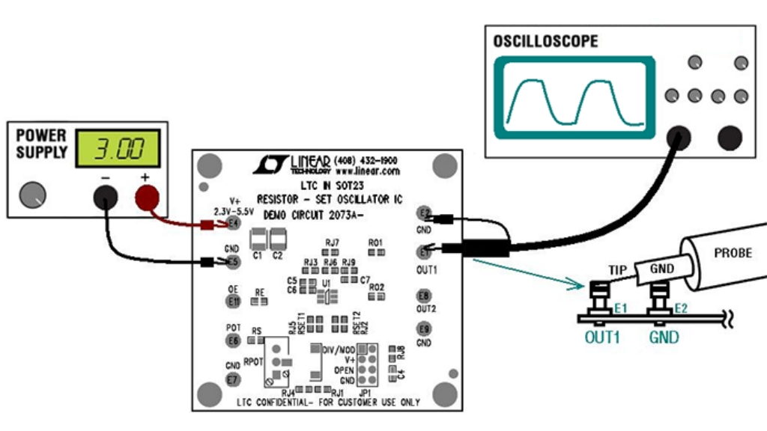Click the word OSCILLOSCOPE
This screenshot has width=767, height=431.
click(546, 41)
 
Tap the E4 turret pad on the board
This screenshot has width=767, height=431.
click(234, 222)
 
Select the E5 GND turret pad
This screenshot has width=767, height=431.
click(234, 262)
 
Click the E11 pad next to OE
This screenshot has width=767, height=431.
click(234, 302)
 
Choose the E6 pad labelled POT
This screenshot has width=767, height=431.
click(234, 340)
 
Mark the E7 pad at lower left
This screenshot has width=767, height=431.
click(234, 379)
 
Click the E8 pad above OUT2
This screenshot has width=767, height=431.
click(425, 296)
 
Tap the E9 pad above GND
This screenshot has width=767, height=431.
click(425, 328)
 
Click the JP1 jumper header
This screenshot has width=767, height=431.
click(367, 363)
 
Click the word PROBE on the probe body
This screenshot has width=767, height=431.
click(733, 254)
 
